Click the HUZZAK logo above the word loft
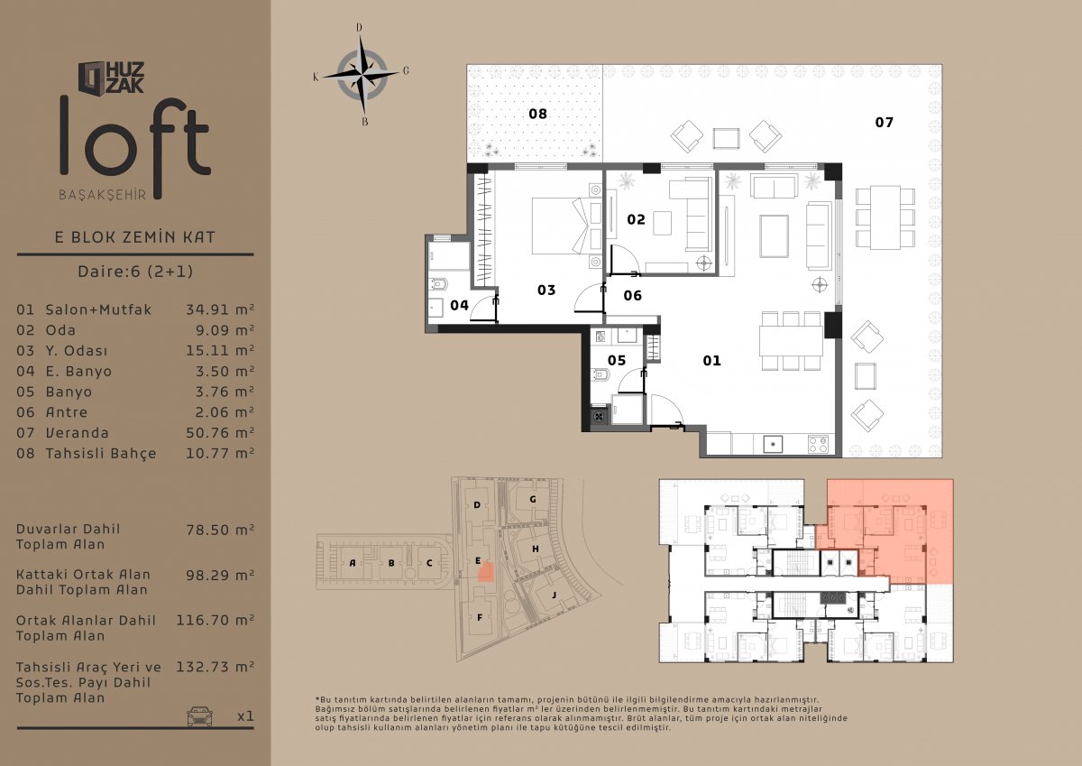111,78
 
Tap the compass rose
362,75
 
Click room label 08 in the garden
537,114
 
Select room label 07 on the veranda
884,123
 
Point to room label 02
636,219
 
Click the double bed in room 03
560,226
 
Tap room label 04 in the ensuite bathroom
459,305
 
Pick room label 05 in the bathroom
617,360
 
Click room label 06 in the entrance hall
632,295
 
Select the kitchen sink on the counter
773,444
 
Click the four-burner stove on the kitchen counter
819,444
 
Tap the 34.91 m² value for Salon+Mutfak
220,309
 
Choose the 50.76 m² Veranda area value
220,432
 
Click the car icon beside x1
199,715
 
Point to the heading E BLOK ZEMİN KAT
134,237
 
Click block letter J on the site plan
554,595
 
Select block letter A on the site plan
353,562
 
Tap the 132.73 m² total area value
215,667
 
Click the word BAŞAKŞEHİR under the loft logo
103,195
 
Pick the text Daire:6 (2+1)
135,272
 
